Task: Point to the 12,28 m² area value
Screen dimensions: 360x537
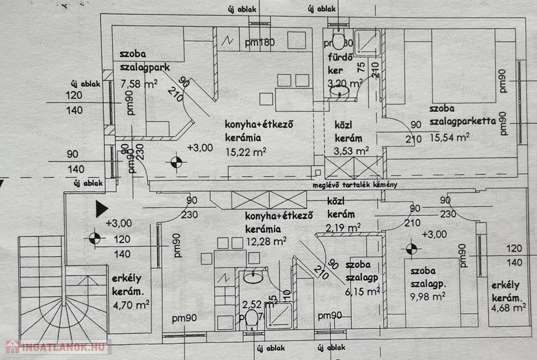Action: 265,241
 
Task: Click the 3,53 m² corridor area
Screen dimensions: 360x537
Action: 351,151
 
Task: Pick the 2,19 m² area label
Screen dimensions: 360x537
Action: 343,227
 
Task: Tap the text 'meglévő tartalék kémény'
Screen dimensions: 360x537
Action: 355,185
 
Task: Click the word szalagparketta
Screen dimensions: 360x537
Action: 463,122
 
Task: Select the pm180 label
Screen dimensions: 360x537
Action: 260,43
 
